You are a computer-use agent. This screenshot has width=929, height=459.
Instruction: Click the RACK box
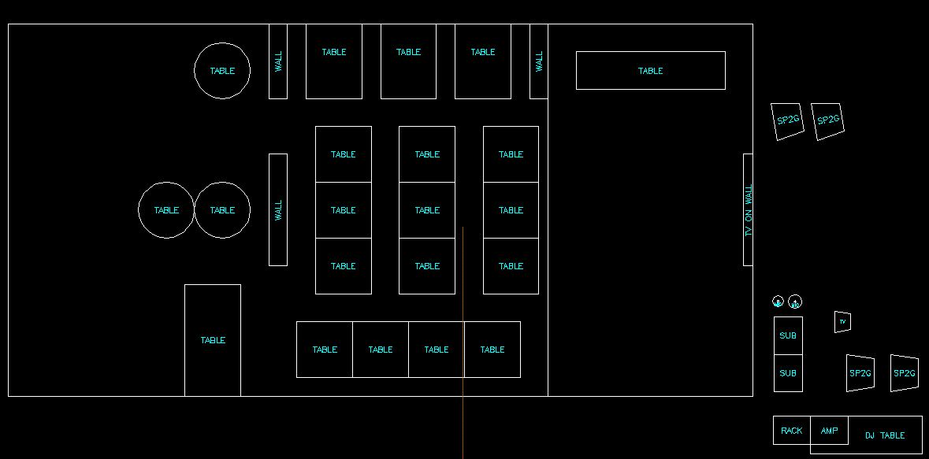791,431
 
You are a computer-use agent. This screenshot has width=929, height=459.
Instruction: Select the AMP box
829,431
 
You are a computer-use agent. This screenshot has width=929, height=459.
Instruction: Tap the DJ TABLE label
885,435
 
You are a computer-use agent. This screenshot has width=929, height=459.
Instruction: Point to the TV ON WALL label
749,210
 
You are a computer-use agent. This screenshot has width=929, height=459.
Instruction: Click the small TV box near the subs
842,321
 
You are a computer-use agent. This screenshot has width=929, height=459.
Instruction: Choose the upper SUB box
788,335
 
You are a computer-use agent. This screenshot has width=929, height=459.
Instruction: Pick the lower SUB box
788,373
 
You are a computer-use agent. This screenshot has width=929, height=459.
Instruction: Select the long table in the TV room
650,71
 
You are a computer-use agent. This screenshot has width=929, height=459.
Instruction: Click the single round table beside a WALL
222,71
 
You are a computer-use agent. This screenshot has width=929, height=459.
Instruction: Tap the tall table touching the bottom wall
213,340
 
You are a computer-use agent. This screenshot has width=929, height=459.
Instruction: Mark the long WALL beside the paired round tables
278,210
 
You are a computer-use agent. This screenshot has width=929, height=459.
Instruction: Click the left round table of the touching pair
166,210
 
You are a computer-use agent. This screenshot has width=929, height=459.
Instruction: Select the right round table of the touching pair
222,210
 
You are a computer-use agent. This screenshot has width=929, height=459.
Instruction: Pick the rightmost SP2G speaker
904,373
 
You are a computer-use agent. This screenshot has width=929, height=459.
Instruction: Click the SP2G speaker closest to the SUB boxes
860,373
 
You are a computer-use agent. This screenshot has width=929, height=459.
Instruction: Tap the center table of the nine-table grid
427,210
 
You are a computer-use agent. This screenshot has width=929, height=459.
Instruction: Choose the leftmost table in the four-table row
325,350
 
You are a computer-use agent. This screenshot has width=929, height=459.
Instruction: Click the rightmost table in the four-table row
492,350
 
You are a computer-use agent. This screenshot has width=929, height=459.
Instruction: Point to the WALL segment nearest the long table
539,61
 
